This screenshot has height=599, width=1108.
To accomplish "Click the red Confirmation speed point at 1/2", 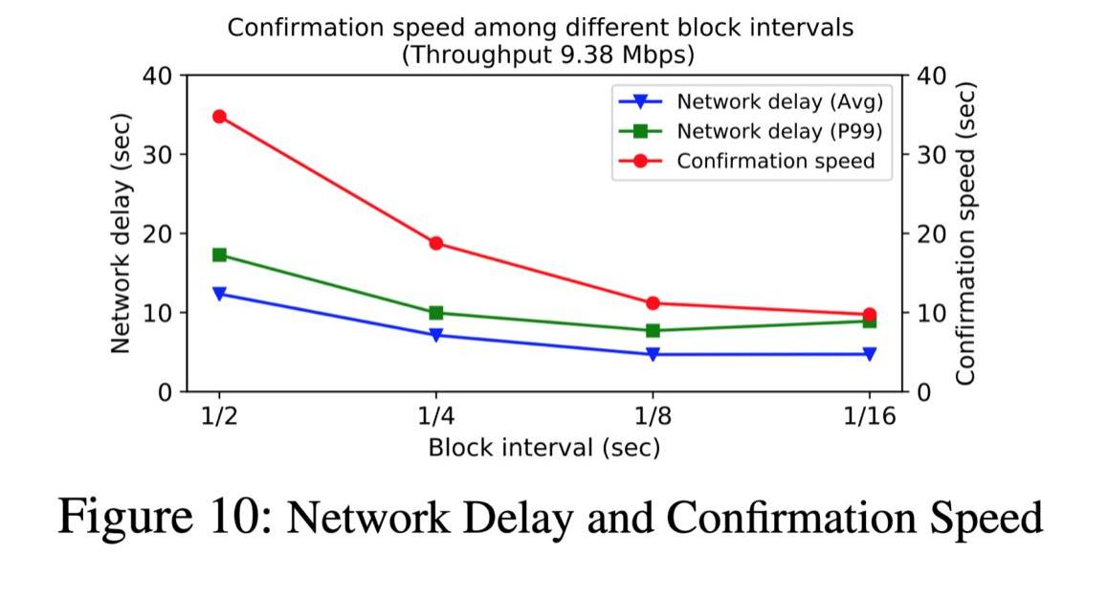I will (x=219, y=117).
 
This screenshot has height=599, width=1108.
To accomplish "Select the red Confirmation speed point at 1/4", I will (x=436, y=243).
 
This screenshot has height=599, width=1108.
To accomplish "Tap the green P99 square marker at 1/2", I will (x=219, y=255).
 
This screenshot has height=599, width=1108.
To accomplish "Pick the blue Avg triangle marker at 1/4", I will (x=436, y=335).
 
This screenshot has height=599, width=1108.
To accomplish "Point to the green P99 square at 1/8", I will (x=653, y=330).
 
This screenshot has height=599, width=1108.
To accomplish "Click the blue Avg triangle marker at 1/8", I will (x=653, y=354).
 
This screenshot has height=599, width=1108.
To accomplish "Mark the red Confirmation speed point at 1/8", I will (x=653, y=303).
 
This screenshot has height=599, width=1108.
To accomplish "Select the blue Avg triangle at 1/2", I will (x=219, y=293).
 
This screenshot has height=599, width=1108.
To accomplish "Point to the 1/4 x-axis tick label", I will (x=436, y=417).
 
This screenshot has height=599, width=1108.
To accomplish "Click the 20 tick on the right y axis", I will (x=931, y=234).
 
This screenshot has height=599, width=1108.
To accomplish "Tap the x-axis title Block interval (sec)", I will (x=543, y=447).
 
